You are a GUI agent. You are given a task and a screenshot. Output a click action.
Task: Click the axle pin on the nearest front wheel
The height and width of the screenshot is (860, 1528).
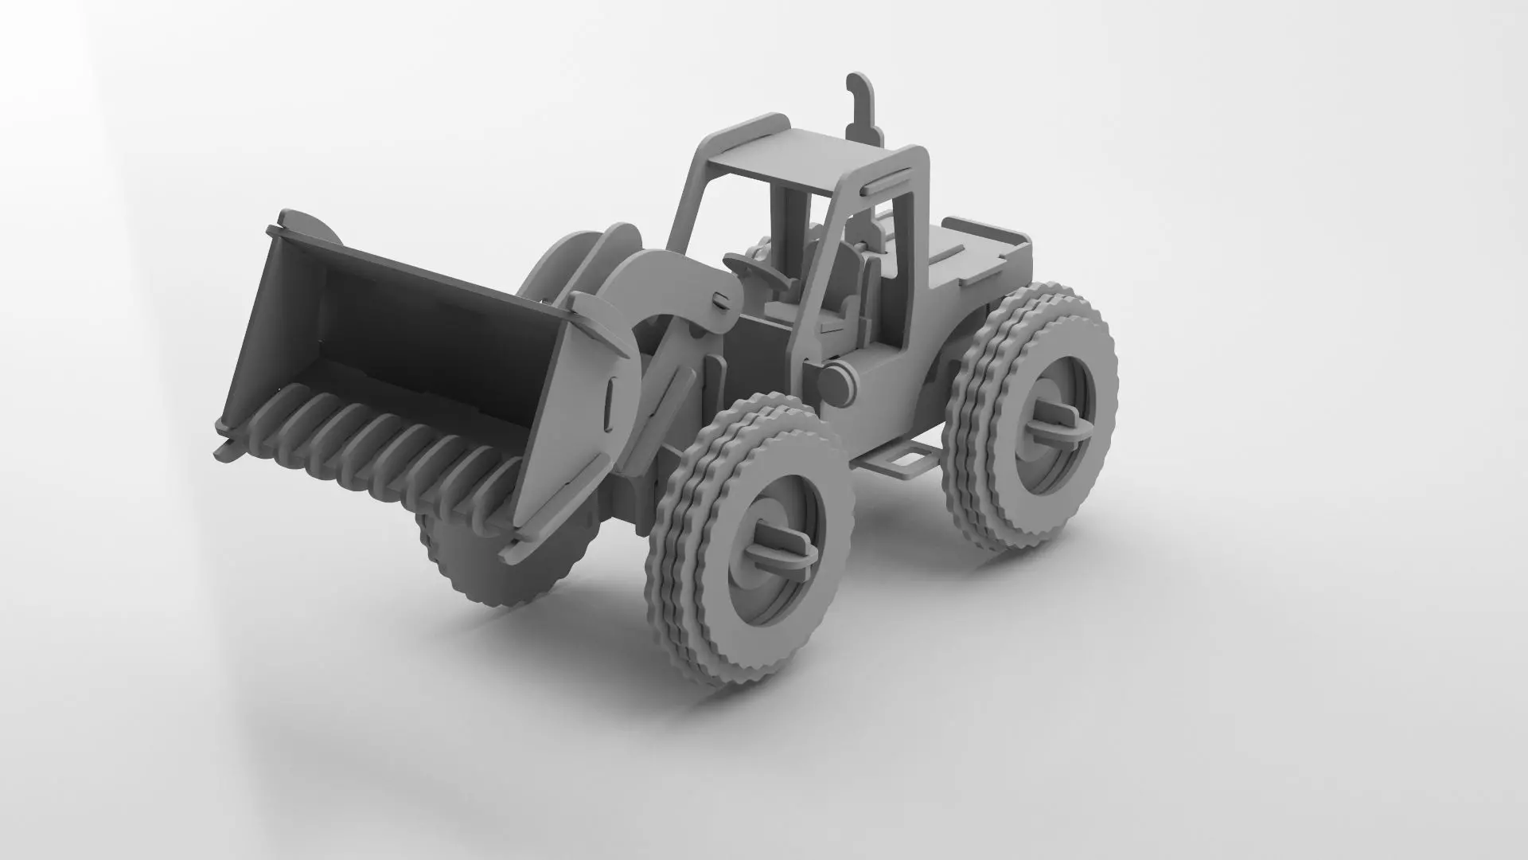(784, 545)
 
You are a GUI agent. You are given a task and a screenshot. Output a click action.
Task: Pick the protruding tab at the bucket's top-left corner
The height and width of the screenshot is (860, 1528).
(296, 222)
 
